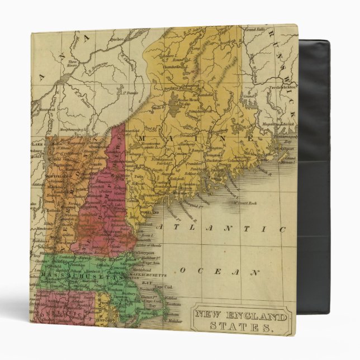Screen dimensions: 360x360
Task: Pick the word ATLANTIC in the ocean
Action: pos(221,228)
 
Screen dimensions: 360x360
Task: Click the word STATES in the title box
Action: pos(241,330)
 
